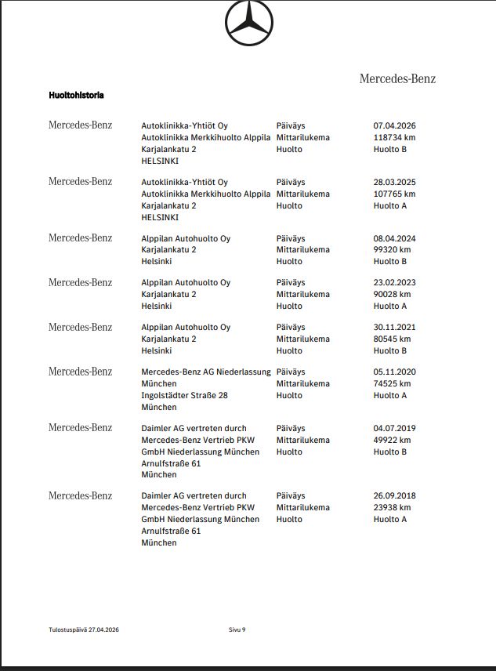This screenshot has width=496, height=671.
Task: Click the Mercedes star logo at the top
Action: click(249, 24)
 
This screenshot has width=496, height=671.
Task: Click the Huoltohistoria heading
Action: click(76, 95)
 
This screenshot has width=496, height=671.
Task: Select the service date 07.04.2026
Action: click(394, 125)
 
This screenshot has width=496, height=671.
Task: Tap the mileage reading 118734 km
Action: click(394, 137)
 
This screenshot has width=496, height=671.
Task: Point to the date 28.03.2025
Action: click(394, 182)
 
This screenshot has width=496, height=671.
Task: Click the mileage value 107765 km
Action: click(394, 194)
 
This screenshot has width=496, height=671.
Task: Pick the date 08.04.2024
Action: click(394, 238)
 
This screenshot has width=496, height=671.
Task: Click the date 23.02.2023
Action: click(394, 283)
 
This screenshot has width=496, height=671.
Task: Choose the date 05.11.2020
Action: click(394, 372)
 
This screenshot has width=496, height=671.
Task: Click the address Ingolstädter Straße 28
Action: click(184, 395)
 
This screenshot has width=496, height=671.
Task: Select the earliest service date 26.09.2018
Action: click(394, 495)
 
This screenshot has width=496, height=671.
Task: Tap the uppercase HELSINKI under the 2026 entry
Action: click(160, 161)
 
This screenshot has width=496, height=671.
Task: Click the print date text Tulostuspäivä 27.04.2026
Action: click(83, 629)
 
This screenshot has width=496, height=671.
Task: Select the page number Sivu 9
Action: click(237, 629)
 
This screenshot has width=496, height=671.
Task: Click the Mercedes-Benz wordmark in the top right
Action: click(397, 78)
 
